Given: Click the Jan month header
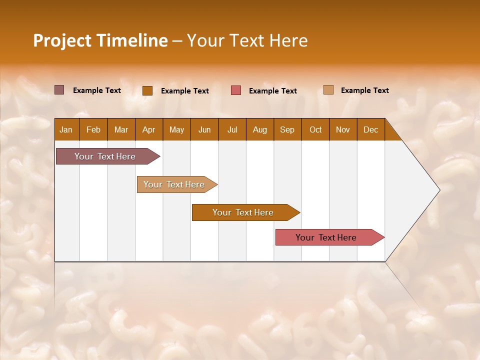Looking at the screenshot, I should (x=66, y=130).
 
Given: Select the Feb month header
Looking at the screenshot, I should (x=93, y=130).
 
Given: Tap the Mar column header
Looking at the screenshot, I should (x=121, y=130).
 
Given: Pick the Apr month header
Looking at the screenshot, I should (x=148, y=130).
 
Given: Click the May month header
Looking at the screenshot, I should (x=176, y=130).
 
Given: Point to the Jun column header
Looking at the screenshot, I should (x=204, y=130).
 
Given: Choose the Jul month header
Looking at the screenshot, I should (x=232, y=130).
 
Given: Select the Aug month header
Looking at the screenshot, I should (x=259, y=130).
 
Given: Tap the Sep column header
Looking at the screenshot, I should (x=287, y=130).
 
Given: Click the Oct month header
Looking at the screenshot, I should (x=315, y=130).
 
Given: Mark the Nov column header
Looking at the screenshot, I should (x=343, y=130).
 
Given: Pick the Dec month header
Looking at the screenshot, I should (x=370, y=130).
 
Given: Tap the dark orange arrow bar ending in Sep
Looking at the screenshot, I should (x=243, y=212).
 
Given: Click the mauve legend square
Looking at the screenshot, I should (x=59, y=90).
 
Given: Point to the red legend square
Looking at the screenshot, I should (x=236, y=90).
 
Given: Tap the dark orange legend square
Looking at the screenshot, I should (x=147, y=90).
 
